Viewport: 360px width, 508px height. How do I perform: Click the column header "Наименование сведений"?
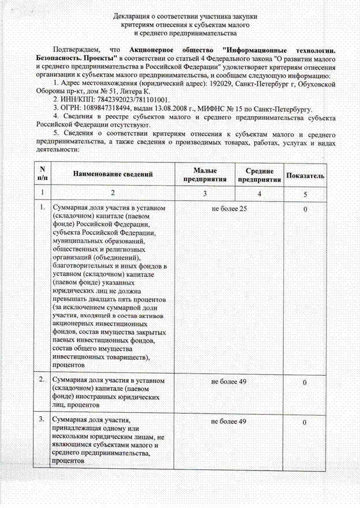[112, 174]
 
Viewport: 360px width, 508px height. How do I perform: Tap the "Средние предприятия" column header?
[259, 175]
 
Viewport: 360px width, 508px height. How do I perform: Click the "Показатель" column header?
[305, 175]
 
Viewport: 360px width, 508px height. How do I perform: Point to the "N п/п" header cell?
[42, 174]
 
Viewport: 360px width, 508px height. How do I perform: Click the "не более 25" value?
[229, 208]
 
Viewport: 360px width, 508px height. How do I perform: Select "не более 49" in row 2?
[229, 381]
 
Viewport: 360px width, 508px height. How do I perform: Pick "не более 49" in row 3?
[229, 422]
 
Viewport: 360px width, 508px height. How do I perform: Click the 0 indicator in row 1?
[304, 208]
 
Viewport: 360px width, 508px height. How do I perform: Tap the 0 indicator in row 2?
[304, 382]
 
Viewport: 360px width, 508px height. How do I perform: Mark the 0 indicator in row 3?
[304, 423]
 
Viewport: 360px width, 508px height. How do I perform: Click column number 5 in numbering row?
[305, 194]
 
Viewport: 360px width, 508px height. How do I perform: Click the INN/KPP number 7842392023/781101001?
[127, 99]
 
